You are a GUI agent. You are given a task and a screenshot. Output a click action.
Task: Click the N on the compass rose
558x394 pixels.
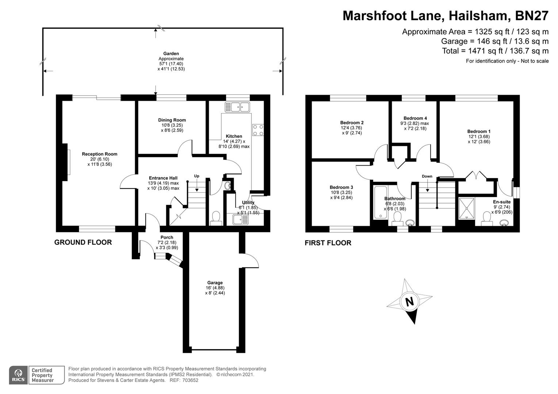(410, 302)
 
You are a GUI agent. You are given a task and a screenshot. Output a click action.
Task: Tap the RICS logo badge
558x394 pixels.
(18, 375)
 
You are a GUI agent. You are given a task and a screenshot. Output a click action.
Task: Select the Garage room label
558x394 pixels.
(215, 282)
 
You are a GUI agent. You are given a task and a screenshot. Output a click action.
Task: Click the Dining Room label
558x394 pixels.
(172, 120)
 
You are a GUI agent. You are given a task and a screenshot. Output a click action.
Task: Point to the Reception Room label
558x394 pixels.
(100, 154)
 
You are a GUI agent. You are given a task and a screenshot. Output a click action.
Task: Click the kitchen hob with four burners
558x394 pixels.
(258, 130)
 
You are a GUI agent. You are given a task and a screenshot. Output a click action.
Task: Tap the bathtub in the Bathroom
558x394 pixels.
(381, 202)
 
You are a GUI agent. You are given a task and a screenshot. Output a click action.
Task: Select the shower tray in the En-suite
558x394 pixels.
(467, 209)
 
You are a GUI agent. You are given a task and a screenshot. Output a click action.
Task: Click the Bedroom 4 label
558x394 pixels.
(415, 118)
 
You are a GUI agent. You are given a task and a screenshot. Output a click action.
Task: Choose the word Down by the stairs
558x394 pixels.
(427, 176)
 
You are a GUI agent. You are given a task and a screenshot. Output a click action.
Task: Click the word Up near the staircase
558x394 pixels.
(196, 176)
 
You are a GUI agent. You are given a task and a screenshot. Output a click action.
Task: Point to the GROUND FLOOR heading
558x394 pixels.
(83, 242)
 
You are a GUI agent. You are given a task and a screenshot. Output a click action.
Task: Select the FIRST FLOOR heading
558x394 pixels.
(328, 243)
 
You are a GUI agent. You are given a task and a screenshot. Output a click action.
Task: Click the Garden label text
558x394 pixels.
(171, 54)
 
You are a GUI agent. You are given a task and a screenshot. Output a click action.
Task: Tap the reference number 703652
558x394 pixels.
(190, 380)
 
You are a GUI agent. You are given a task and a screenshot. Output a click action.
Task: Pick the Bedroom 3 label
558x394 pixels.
(341, 188)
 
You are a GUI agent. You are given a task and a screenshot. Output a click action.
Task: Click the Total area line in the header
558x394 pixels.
(495, 51)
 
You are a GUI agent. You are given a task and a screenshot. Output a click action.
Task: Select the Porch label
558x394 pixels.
(167, 237)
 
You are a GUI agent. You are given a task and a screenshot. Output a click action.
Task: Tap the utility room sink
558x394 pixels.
(241, 220)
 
